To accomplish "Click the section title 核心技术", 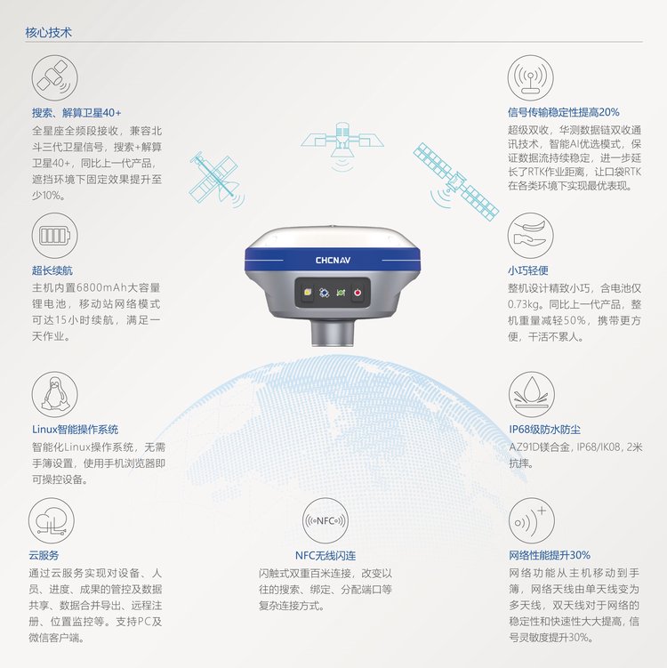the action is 48,32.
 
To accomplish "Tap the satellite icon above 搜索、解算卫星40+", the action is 54,78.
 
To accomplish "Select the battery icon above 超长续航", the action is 54,236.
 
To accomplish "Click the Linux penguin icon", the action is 54,394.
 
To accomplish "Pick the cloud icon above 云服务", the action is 51,520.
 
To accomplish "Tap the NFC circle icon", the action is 325,520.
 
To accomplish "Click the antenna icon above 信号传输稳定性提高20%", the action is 530,78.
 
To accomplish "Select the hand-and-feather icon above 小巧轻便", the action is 530,236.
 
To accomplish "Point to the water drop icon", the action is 532,394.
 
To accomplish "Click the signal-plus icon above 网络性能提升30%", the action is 532,520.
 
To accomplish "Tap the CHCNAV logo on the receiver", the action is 333,260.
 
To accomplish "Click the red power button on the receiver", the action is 358,293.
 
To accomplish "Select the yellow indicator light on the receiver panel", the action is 307,293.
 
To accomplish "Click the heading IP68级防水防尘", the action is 545,430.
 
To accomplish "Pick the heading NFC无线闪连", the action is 325,556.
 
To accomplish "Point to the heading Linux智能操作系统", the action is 75,430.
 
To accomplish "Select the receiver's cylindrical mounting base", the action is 333,332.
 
